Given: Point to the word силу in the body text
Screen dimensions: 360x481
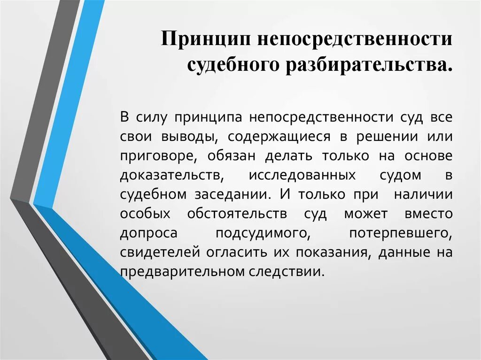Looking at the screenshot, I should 150,117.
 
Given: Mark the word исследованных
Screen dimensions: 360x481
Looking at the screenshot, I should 302,175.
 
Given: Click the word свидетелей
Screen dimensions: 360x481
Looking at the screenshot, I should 160,253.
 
